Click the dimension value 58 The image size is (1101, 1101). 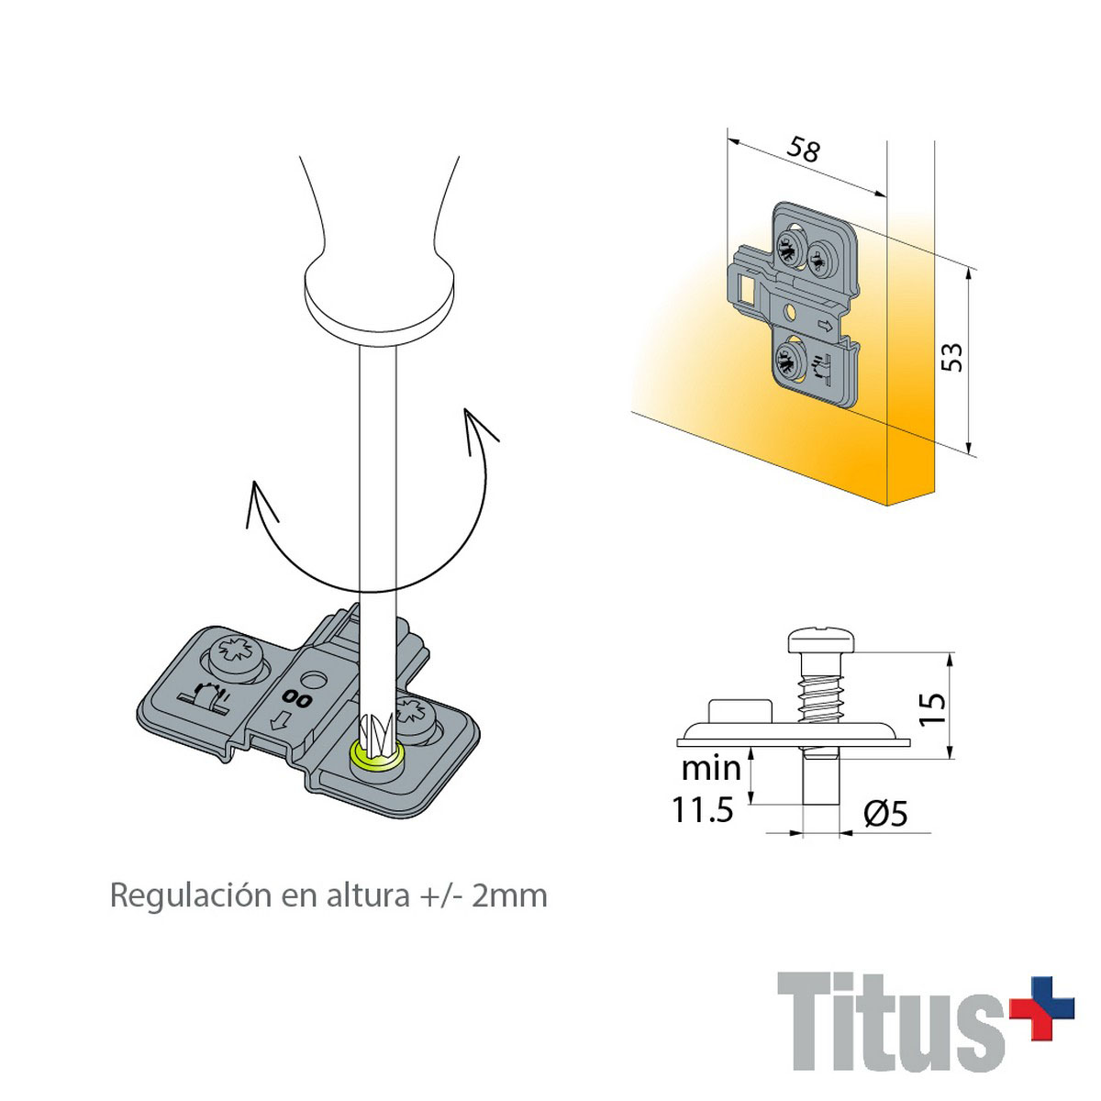803,150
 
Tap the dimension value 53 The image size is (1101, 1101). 951,358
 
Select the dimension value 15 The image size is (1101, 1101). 932,708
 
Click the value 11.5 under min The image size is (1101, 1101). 702,809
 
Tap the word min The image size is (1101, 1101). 711,769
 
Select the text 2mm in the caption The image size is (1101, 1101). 509,895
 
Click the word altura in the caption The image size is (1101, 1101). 368,895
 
